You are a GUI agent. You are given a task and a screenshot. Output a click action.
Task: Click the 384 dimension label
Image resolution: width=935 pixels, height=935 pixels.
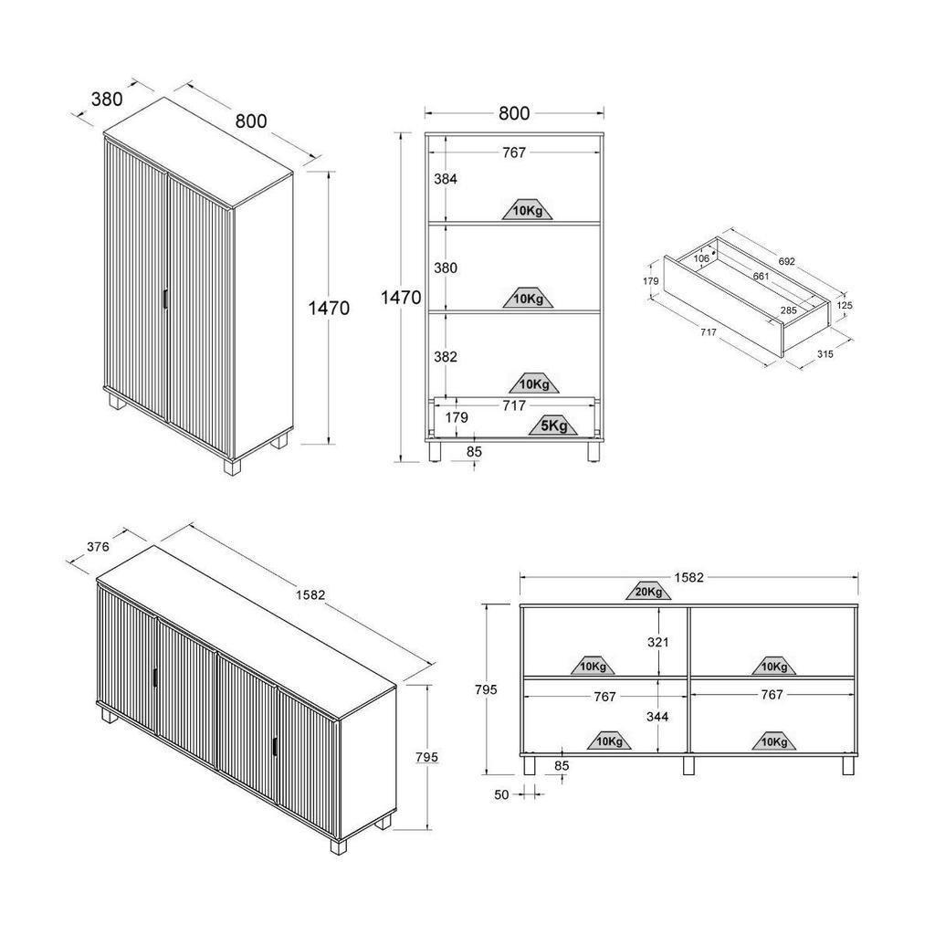point(446,178)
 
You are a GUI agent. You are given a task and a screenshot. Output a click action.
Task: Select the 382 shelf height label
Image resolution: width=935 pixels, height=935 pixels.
point(446,357)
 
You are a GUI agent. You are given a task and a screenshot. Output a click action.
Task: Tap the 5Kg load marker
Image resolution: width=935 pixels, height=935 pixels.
point(553,425)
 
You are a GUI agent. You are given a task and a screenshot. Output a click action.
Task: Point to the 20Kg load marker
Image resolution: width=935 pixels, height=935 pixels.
point(648,591)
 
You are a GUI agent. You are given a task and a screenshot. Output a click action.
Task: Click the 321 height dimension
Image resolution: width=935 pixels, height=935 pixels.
point(657,642)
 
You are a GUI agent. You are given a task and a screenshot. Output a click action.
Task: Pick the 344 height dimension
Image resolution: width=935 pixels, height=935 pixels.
point(657,717)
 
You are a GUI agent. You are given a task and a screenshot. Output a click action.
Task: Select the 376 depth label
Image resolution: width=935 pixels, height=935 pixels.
point(98,546)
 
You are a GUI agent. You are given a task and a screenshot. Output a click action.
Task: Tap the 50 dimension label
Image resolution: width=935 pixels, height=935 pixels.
point(501,795)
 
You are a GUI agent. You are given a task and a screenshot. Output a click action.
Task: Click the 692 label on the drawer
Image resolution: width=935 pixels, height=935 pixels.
point(786,262)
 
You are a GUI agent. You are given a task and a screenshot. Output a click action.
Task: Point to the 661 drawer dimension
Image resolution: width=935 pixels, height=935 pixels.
point(761,276)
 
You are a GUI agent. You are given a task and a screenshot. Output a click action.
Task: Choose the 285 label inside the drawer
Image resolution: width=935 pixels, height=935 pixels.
point(788,310)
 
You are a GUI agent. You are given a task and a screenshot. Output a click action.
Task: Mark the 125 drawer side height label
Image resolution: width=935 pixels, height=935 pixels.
point(845,305)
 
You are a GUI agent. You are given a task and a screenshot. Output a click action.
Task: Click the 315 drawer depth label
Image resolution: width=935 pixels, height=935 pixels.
point(825,354)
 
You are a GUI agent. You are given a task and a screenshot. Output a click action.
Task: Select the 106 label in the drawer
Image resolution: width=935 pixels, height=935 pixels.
point(701,258)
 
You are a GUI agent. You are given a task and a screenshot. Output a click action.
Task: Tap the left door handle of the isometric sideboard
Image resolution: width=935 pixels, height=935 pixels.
point(155,679)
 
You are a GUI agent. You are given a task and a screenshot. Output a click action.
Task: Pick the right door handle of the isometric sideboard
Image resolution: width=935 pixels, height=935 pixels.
point(275,747)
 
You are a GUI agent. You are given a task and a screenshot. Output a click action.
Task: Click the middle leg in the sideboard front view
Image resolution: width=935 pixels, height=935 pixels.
point(688,766)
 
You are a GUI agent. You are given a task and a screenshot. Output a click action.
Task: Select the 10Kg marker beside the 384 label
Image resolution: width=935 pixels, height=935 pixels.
point(527,210)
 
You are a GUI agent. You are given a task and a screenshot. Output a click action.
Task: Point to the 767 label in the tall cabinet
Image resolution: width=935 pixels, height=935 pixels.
point(514,152)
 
